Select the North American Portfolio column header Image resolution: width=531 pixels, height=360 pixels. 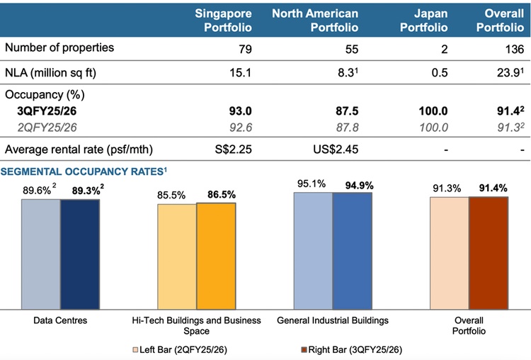point(315,21)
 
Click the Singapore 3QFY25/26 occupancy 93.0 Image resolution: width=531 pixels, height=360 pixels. point(236,111)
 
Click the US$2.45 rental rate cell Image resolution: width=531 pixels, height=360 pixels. point(334,150)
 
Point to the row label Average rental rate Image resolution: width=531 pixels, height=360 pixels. point(79,150)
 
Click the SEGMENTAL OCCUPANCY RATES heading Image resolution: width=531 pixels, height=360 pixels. point(84,171)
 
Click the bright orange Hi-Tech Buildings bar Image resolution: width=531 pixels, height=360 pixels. point(216,257)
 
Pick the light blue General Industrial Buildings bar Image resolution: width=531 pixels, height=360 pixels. point(312,251)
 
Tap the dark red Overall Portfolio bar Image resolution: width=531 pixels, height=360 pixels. point(489,253)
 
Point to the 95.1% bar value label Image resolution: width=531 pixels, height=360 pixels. point(312,184)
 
